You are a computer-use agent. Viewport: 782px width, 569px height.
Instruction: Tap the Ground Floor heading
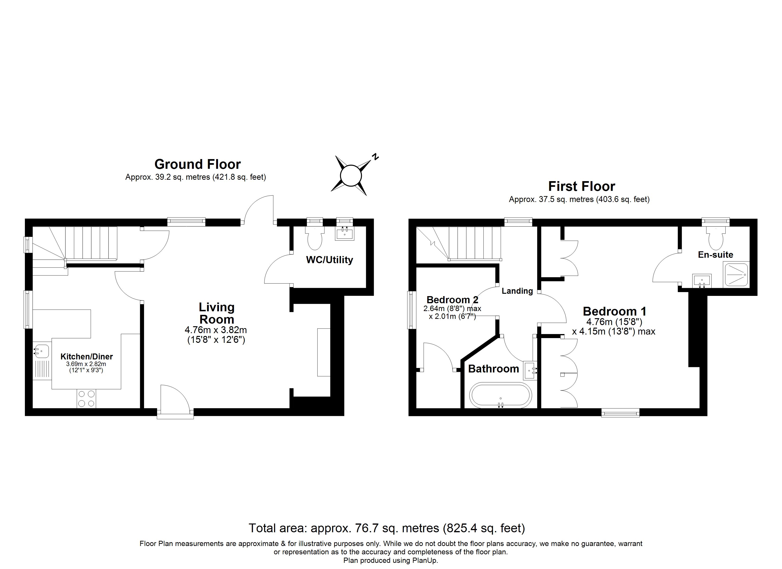tap(198, 164)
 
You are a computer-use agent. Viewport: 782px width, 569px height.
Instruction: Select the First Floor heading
tap(582, 186)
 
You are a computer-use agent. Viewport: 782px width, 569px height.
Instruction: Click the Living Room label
tap(217, 313)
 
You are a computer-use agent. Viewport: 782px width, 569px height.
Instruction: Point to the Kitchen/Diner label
tap(86, 356)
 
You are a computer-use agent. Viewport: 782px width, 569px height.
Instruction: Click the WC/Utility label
tap(330, 260)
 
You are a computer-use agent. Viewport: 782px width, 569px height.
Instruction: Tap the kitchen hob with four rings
tap(86, 398)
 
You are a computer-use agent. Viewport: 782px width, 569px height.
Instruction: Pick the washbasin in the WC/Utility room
tap(345, 233)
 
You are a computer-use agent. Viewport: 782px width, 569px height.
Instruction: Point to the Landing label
tap(517, 291)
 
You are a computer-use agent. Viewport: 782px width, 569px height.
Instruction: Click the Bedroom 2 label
tap(452, 300)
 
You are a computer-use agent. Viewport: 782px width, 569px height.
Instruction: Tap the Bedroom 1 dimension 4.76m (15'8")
tap(614, 322)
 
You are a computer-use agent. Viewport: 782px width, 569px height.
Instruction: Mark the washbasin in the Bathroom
tap(530, 371)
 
